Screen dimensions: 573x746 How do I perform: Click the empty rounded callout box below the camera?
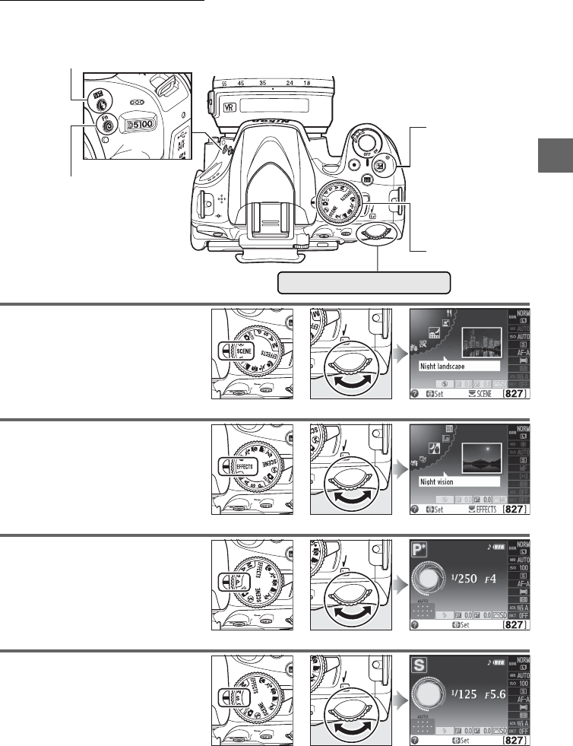coord(364,282)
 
